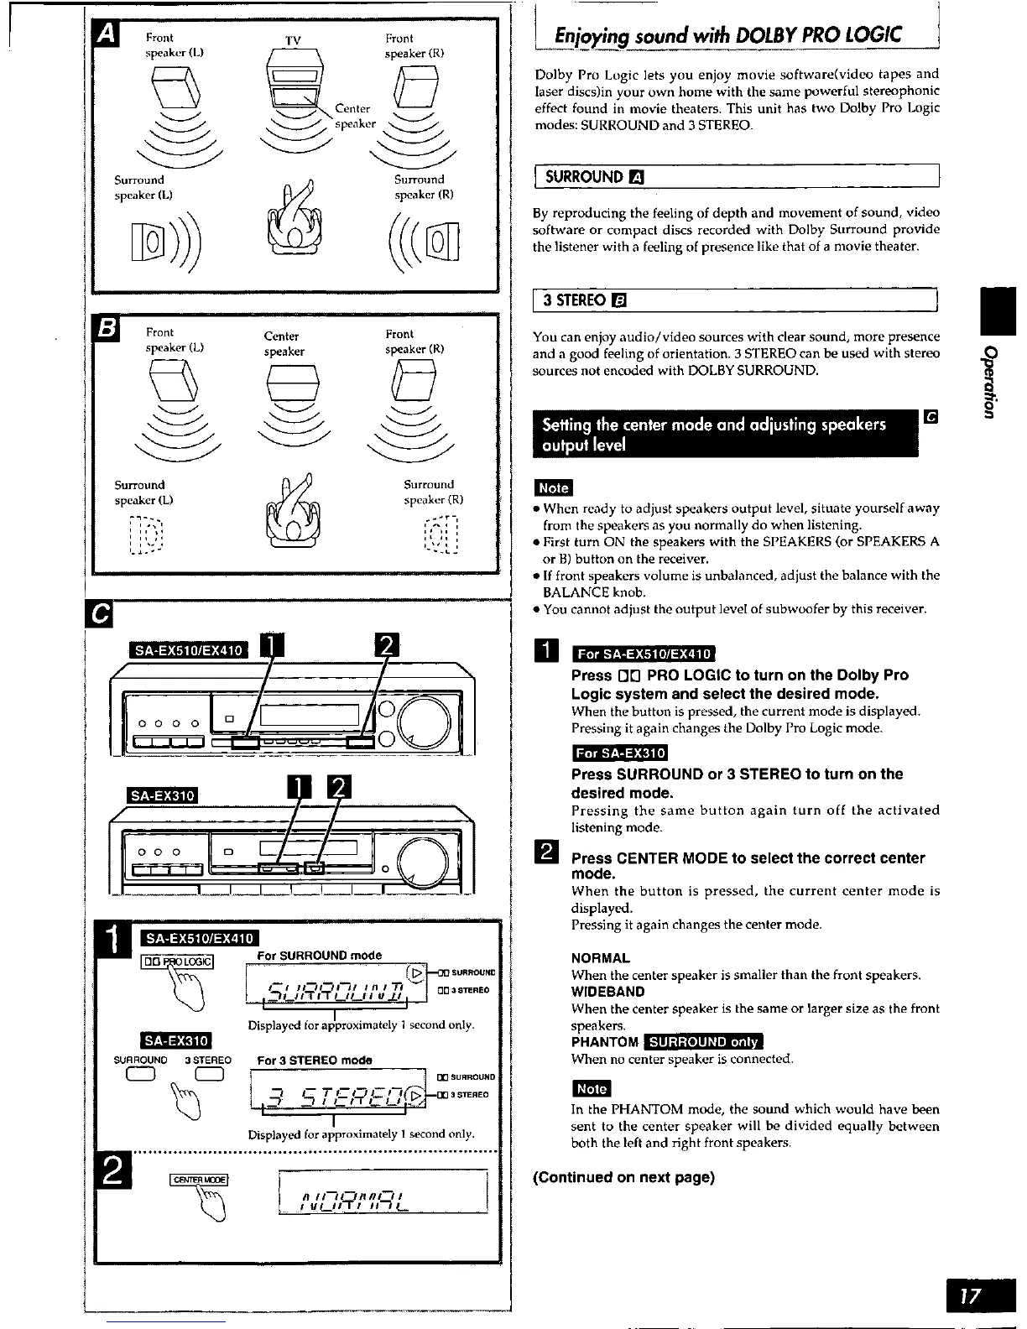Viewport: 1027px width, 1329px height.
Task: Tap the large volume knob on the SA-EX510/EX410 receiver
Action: point(428,720)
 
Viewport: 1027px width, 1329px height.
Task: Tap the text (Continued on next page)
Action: point(624,1177)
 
